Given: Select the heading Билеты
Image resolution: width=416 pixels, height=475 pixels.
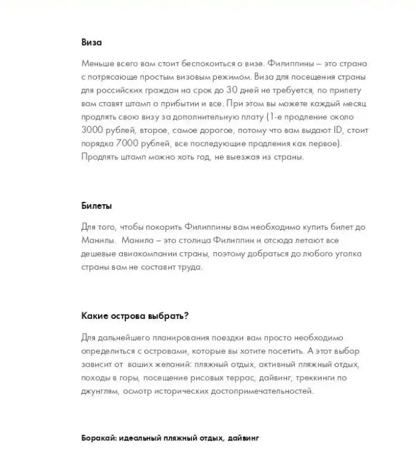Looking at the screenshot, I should (x=96, y=206).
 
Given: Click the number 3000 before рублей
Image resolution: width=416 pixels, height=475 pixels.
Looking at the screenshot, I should (x=95, y=129).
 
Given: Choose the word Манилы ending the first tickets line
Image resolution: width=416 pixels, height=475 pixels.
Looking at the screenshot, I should (x=96, y=240).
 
